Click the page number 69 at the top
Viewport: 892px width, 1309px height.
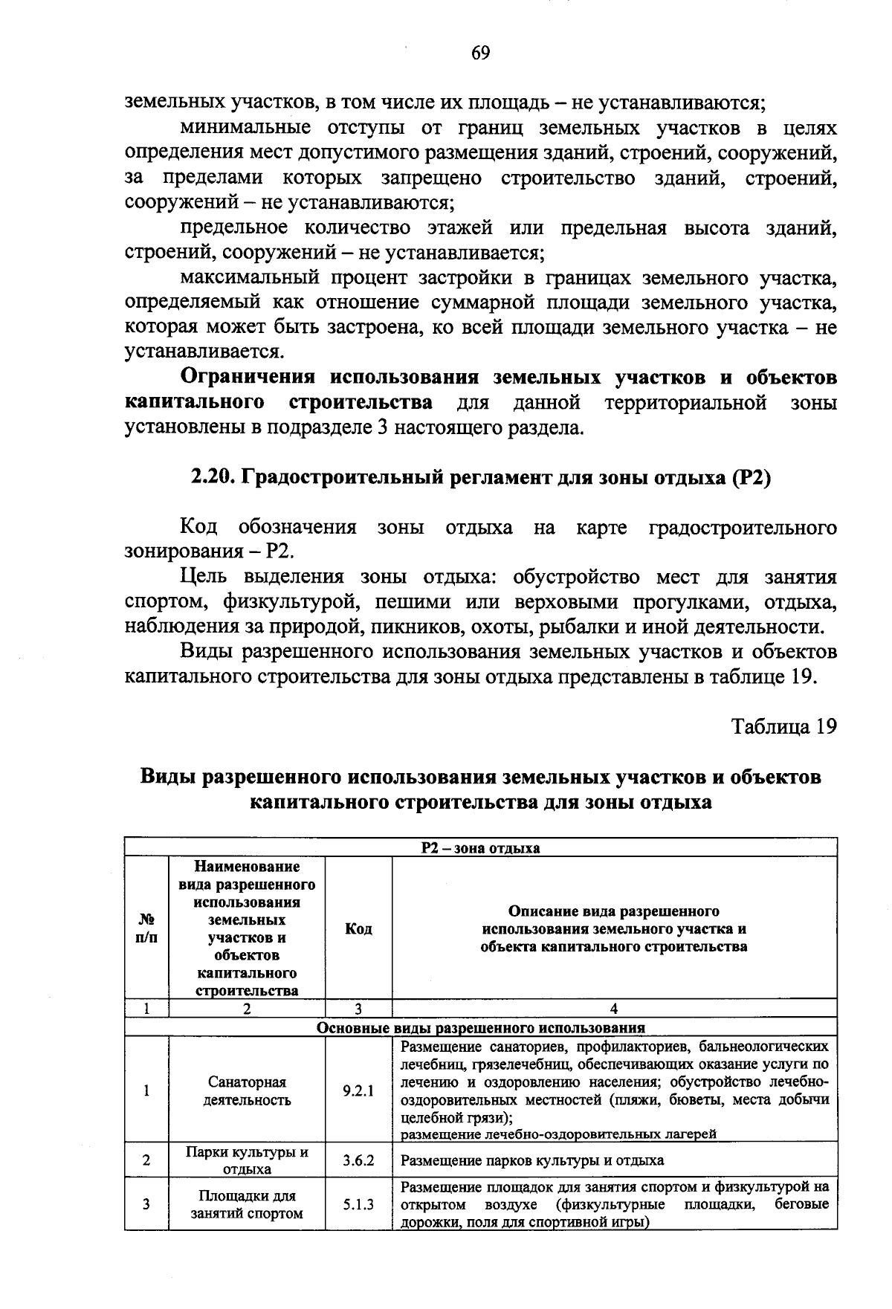coord(480,54)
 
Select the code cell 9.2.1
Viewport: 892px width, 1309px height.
coord(358,1091)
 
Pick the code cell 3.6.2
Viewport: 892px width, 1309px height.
coord(358,1160)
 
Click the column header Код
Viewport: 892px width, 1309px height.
coord(358,929)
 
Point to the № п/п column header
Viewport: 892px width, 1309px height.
coord(146,929)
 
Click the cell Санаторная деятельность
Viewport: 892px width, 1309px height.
coord(247,1091)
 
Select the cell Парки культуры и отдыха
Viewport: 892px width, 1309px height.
coord(247,1160)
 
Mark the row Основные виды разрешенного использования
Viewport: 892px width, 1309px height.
coord(480,1028)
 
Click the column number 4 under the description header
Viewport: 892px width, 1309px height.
coord(613,1009)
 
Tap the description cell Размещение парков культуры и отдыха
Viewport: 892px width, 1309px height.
coord(532,1160)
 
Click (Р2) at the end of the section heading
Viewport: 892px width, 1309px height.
coord(752,478)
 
